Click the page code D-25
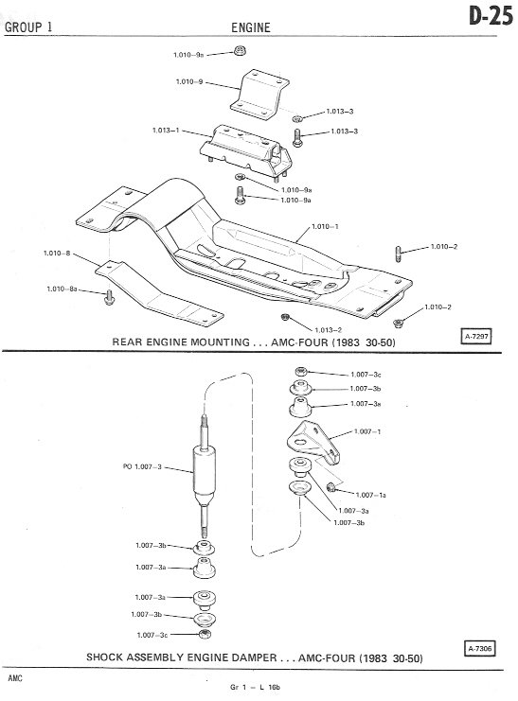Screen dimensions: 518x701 coord(491,16)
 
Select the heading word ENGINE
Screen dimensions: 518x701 coord(251,27)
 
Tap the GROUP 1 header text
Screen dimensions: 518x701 coord(28,26)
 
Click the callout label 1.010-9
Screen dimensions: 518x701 coord(189,81)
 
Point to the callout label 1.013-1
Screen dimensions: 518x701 coord(166,131)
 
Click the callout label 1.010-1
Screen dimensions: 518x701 coord(325,227)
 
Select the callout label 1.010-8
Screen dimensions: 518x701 coord(57,253)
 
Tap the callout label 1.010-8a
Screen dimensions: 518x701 coord(63,289)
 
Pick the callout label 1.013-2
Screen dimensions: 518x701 coord(329,330)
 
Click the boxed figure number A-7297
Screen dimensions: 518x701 coord(476,336)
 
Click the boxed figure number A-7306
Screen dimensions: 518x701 coord(479,648)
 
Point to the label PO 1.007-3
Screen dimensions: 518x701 coord(142,466)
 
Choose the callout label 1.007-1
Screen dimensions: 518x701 coord(367,431)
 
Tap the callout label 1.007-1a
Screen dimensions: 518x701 coord(370,495)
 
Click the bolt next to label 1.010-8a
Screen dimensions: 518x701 coord(109,297)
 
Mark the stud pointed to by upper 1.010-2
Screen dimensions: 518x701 coord(398,254)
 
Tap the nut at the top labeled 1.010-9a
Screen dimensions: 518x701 coord(240,50)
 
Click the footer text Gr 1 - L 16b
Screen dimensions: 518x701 coord(255,687)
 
